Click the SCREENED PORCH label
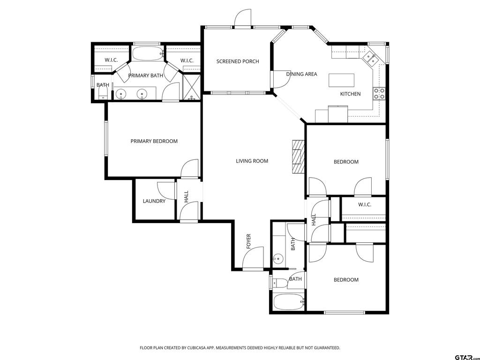238,61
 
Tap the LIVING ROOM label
252,161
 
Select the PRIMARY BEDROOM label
154,141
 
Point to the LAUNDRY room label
154,201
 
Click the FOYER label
248,241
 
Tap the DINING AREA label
301,74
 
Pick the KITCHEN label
351,94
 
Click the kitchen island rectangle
341,80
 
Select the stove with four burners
379,94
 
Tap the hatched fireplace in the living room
299,157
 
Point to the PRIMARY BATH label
145,75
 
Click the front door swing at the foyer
253,258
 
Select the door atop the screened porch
243,18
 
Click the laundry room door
167,190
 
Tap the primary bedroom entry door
189,169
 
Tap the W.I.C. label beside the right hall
365,204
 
